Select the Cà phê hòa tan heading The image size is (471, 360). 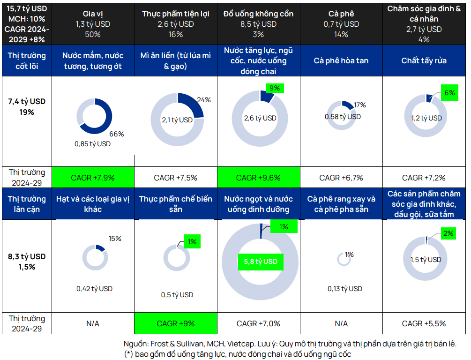pyautogui.click(x=341, y=61)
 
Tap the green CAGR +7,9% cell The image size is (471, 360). pyautogui.click(x=92, y=178)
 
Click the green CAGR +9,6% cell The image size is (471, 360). pyautogui.click(x=258, y=178)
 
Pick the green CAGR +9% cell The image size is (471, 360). pyautogui.click(x=176, y=323)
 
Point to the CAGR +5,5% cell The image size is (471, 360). pyautogui.click(x=424, y=323)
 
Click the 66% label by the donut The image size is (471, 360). pyautogui.click(x=117, y=134)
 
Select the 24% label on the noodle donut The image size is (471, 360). pyautogui.click(x=204, y=100)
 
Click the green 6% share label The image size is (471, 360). pyautogui.click(x=449, y=93)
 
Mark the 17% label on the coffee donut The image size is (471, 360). pyautogui.click(x=360, y=105)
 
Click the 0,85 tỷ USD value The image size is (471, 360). pyautogui.click(x=92, y=144)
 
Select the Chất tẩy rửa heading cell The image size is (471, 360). pyautogui.click(x=424, y=61)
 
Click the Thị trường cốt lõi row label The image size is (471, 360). pyautogui.click(x=27, y=61)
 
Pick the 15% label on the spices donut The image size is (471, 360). pyautogui.click(x=114, y=239)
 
